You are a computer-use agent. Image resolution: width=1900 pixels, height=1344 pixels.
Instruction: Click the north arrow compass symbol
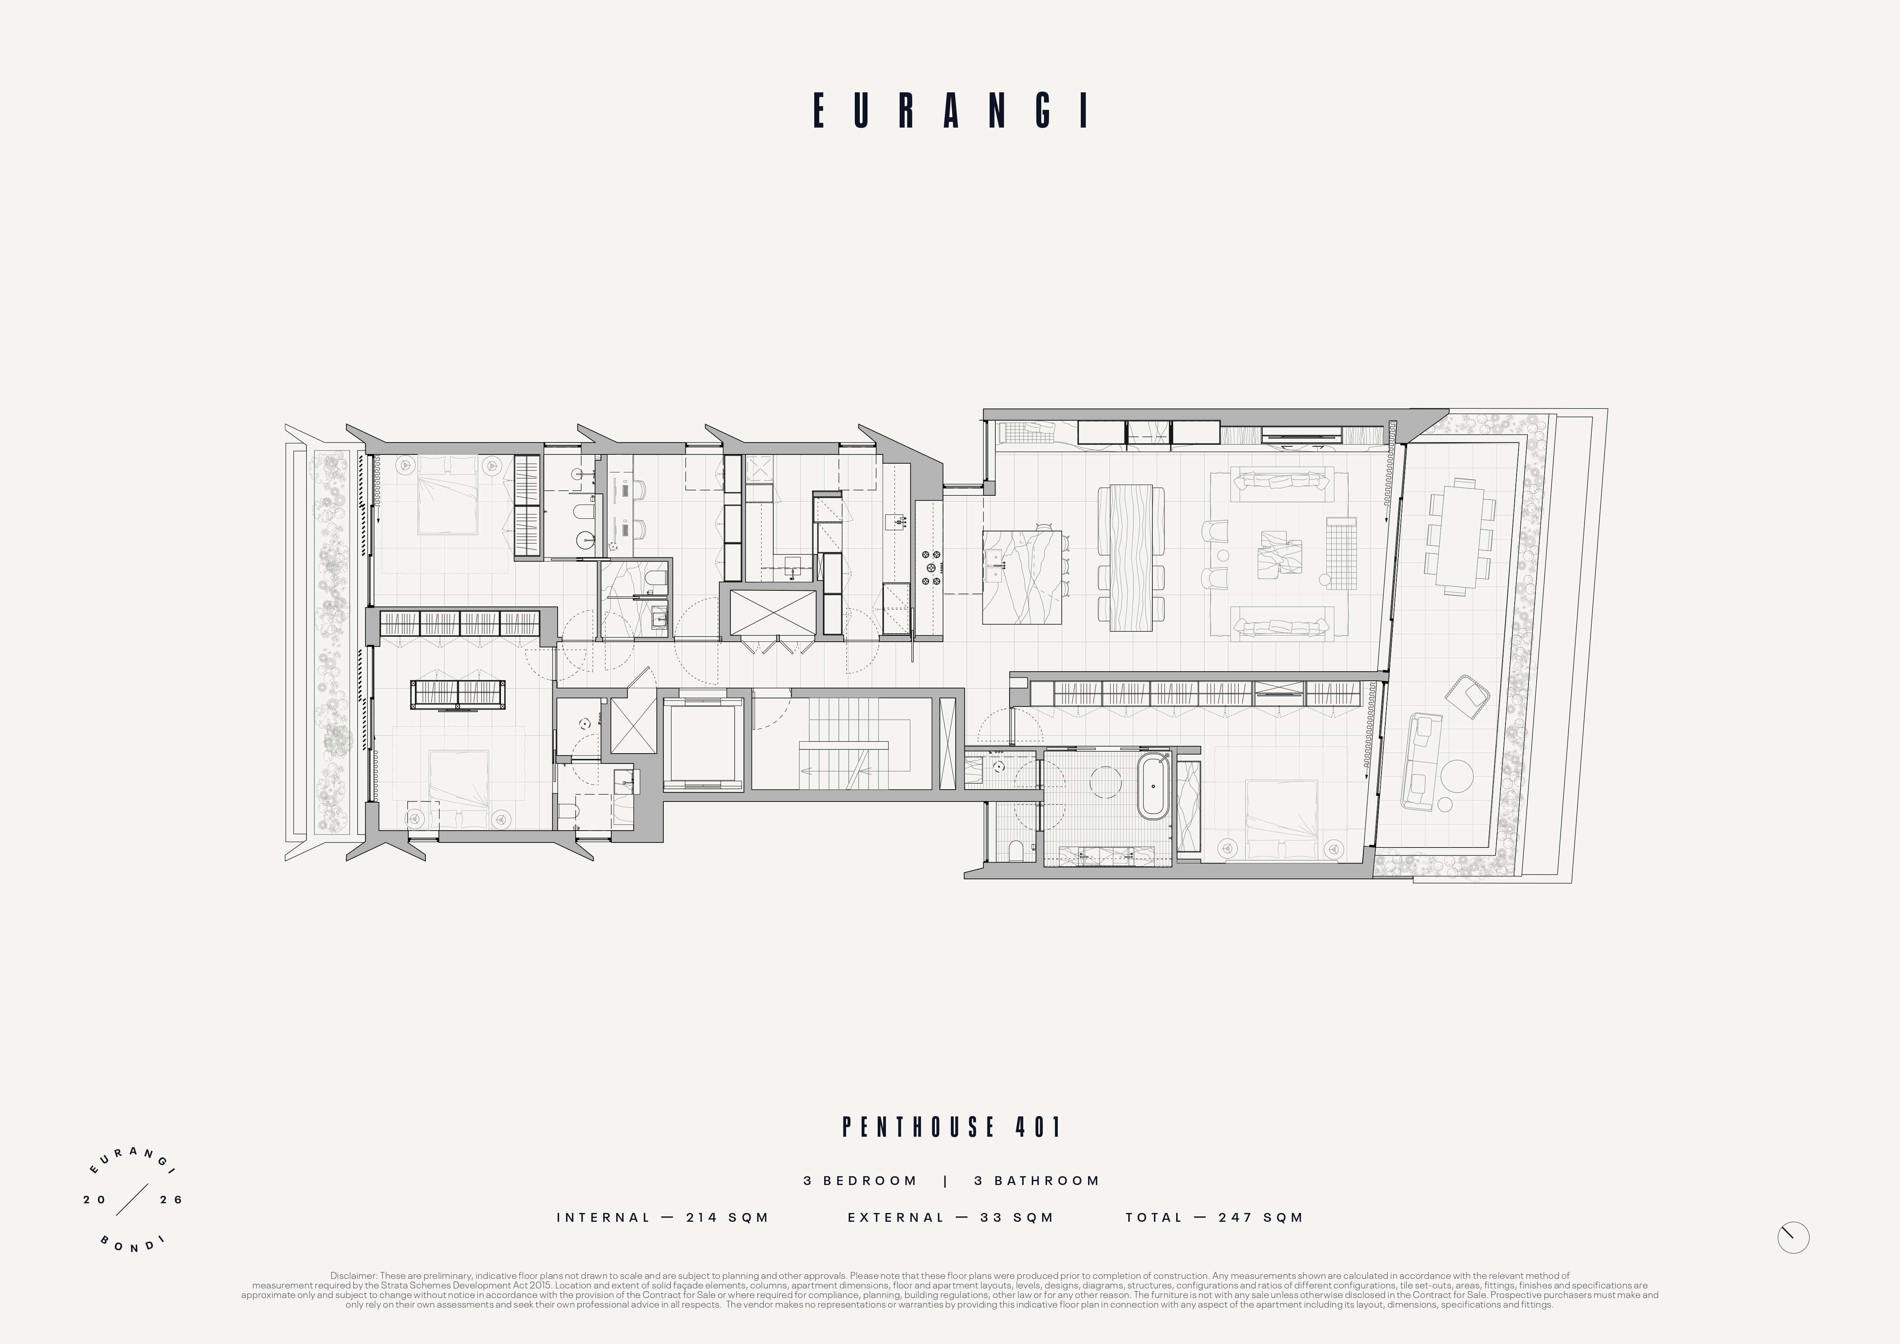(x=1793, y=1238)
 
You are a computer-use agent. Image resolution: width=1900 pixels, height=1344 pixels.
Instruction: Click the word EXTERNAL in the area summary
(x=895, y=1218)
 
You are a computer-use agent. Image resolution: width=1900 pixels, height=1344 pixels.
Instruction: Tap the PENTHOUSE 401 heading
(x=952, y=1127)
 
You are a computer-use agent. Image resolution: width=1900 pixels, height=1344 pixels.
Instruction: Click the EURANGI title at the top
(x=950, y=110)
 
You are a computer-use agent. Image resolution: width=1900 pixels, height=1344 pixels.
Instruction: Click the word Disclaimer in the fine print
(x=353, y=1276)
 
